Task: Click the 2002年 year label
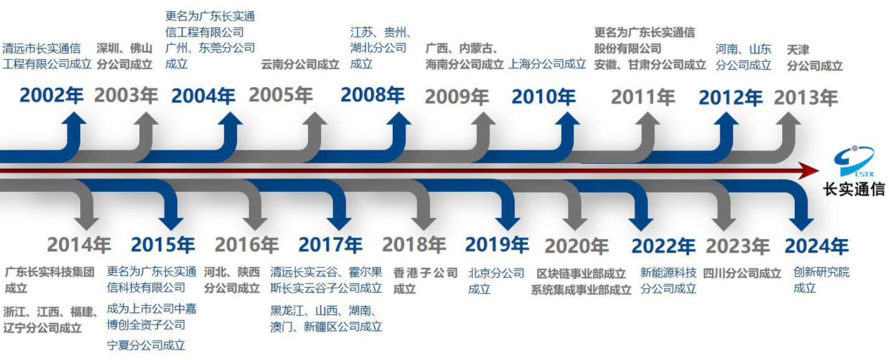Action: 51,96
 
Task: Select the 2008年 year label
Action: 372,95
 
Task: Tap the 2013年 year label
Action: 805,98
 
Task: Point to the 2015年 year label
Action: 163,245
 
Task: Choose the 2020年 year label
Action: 577,247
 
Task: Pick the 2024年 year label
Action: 817,246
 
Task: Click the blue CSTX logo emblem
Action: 854,161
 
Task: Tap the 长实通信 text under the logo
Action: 854,189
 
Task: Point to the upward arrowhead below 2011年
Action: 648,120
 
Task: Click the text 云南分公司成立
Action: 300,64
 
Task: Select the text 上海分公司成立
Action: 547,64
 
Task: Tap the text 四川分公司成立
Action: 742,273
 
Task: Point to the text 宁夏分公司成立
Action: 146,345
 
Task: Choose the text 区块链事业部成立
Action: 581,274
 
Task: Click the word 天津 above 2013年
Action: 798,50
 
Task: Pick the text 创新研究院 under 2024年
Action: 822,272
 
